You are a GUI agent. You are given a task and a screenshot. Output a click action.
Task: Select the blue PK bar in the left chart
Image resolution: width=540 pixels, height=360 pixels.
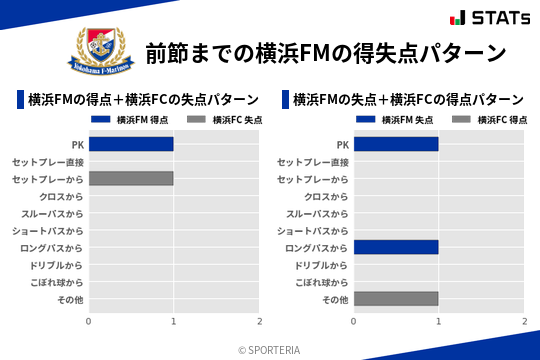pos(131,144)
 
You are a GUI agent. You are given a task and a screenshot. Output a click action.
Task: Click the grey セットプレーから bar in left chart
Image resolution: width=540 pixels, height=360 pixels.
pos(131,178)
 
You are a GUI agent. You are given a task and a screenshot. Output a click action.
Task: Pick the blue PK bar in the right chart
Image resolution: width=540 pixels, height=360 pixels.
pos(396,144)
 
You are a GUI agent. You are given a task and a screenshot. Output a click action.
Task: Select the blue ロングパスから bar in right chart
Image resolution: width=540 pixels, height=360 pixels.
pos(396,247)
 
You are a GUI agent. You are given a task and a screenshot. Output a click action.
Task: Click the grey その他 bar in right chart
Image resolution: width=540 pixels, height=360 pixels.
pos(396,299)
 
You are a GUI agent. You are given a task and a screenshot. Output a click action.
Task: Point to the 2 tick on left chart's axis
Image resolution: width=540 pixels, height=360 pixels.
pos(259,321)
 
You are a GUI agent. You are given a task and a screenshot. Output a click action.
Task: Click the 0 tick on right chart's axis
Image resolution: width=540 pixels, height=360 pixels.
pos(354,321)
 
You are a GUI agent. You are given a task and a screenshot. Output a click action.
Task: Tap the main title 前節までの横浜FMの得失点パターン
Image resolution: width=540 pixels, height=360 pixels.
pos(326,52)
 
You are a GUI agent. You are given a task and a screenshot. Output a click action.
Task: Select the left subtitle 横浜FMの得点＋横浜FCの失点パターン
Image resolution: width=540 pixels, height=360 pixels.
pos(144,100)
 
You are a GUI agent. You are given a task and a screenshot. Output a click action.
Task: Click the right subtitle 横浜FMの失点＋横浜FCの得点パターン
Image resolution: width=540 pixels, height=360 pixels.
pos(409,100)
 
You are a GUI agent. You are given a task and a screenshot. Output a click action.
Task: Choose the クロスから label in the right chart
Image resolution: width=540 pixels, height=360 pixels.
pos(326,196)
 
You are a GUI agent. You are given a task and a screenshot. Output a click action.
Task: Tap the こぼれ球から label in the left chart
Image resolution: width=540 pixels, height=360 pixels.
pos(55,282)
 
